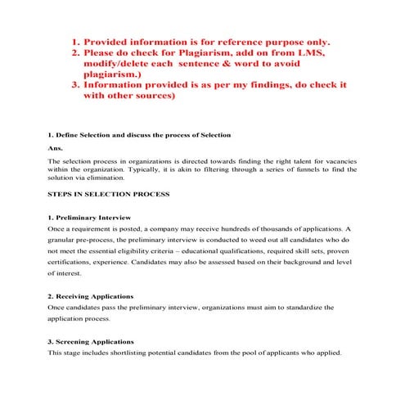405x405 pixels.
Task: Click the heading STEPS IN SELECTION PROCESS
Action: pos(109,195)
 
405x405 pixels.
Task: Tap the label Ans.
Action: pos(56,148)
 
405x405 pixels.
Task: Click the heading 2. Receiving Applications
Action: pos(91,295)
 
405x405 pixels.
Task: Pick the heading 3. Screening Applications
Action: pos(91,341)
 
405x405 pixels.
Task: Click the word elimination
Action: pos(104,178)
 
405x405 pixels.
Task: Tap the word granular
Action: pos(64,244)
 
